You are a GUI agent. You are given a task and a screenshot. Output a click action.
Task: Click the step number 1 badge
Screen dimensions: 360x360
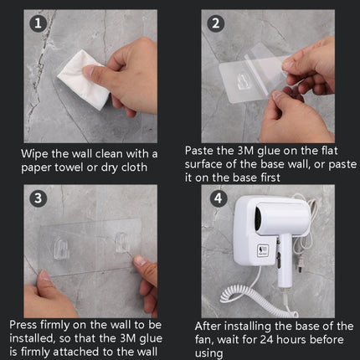pyautogui.click(x=36, y=24)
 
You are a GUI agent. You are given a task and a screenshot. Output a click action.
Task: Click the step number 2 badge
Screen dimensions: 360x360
pyautogui.click(x=215, y=24)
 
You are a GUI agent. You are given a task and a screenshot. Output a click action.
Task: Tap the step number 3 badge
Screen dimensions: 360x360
pyautogui.click(x=36, y=199)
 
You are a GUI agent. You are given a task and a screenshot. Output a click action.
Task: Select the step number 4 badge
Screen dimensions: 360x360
pyautogui.click(x=215, y=199)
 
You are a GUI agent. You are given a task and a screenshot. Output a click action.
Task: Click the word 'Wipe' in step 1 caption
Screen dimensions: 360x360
pyautogui.click(x=37, y=153)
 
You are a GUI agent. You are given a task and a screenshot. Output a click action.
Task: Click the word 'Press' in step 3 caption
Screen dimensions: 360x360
pyautogui.click(x=26, y=324)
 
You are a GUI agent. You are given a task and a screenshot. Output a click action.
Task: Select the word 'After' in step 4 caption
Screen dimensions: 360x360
pyautogui.click(x=211, y=326)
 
